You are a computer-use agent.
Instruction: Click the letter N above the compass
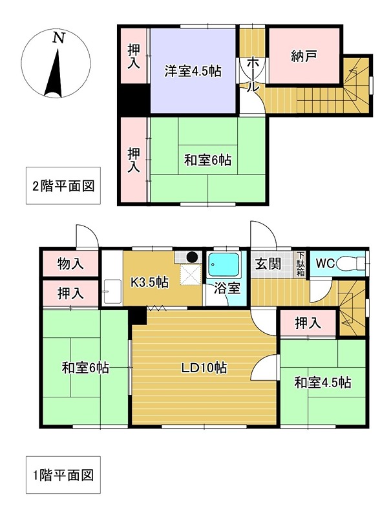[x=58, y=38]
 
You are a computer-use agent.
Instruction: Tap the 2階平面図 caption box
[x=63, y=186]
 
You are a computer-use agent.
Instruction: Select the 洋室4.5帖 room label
[x=193, y=72]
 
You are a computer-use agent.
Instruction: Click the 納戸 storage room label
[x=304, y=56]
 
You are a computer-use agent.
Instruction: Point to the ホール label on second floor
[x=253, y=74]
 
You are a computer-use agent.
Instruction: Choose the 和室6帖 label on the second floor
[x=208, y=160]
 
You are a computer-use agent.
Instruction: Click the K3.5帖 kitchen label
[x=151, y=282]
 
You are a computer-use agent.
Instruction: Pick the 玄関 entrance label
[x=267, y=264]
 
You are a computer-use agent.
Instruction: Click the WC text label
[x=326, y=264]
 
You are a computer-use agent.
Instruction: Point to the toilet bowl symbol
[x=352, y=263]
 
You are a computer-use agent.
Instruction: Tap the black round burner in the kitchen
[x=192, y=257]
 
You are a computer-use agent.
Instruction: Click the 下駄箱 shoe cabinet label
[x=301, y=264]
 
